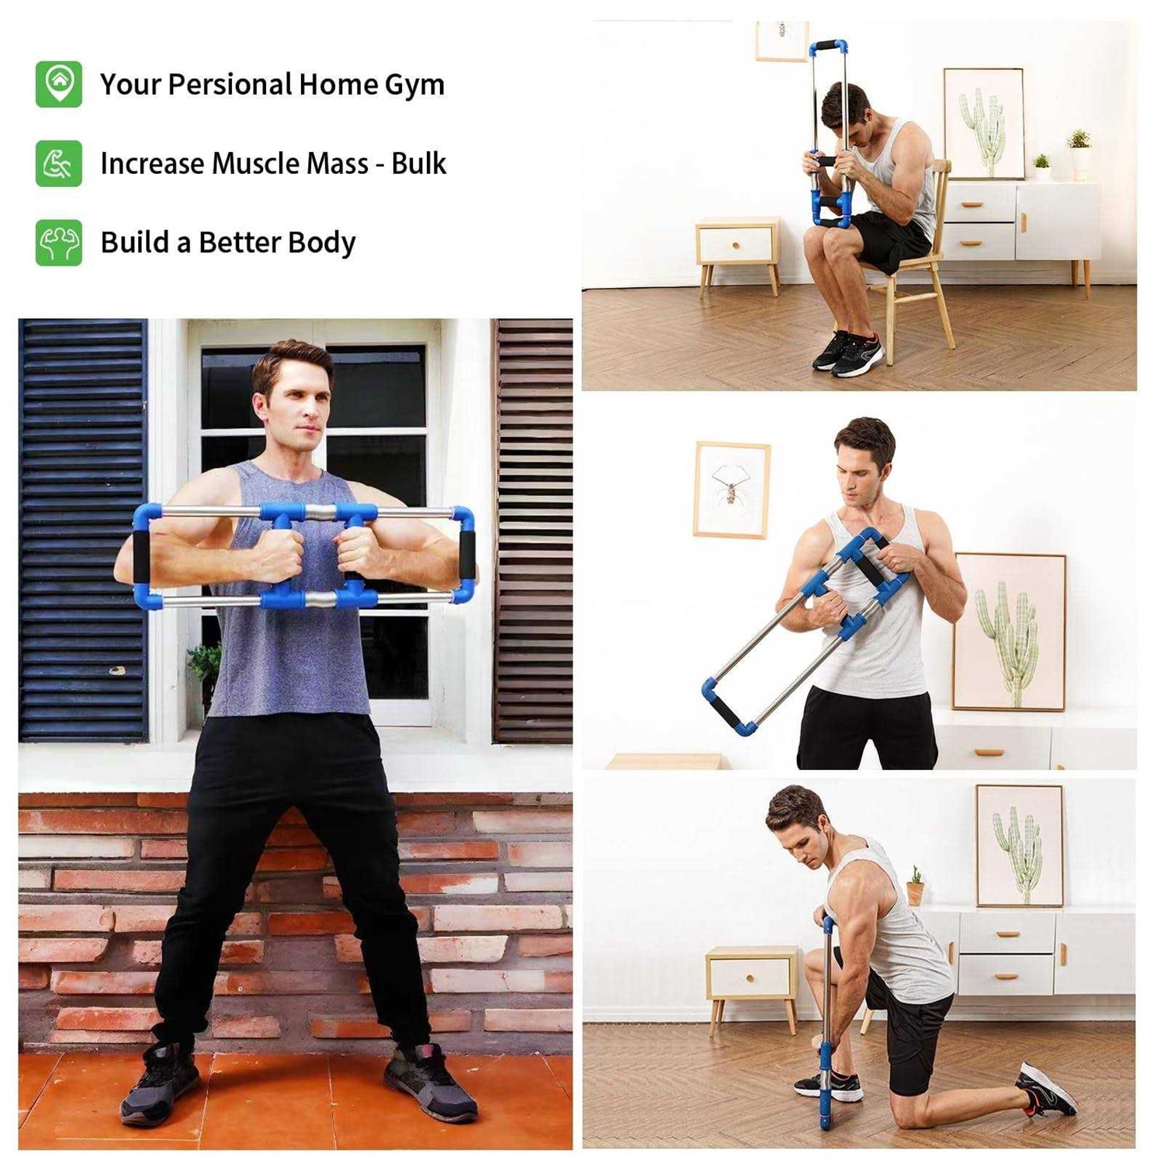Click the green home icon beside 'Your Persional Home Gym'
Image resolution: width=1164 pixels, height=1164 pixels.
pyautogui.click(x=58, y=84)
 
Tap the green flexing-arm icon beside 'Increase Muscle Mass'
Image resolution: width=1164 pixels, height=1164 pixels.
pyautogui.click(x=58, y=164)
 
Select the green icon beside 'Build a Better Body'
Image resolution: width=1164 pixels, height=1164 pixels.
pyautogui.click(x=58, y=243)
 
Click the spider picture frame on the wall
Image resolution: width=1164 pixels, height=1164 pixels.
pyautogui.click(x=731, y=489)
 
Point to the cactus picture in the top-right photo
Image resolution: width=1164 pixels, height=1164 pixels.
pyautogui.click(x=983, y=124)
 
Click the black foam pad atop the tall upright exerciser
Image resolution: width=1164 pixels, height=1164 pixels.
pyautogui.click(x=828, y=46)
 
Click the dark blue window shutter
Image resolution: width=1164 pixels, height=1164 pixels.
pyautogui.click(x=82, y=528)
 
